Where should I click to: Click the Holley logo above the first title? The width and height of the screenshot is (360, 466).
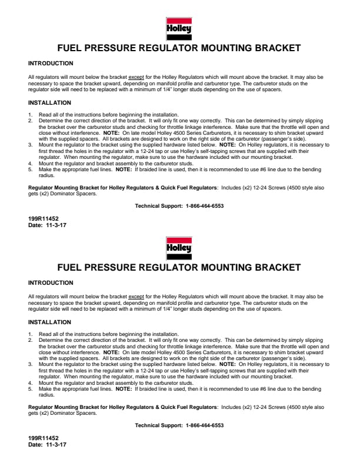(x=179, y=29)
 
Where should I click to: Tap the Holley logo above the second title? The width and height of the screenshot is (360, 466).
(x=179, y=248)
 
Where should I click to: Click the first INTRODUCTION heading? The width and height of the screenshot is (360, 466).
(x=51, y=64)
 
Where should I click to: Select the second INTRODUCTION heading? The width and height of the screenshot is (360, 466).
(x=51, y=283)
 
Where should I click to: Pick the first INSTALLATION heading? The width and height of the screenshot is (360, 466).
(x=49, y=103)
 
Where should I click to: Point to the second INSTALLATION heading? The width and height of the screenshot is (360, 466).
(x=49, y=322)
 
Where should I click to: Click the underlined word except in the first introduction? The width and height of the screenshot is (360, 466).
(x=136, y=77)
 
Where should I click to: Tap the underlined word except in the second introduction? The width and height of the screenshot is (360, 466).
(x=136, y=297)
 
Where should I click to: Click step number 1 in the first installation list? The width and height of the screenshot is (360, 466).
(x=30, y=114)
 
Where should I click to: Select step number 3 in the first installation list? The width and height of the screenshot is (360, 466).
(x=30, y=144)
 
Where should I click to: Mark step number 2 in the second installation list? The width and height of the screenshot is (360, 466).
(x=30, y=340)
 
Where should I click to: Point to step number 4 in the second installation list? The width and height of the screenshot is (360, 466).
(x=30, y=382)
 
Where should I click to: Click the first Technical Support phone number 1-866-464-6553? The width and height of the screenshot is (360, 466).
(x=205, y=206)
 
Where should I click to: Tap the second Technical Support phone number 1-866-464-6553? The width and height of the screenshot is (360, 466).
(x=205, y=425)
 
